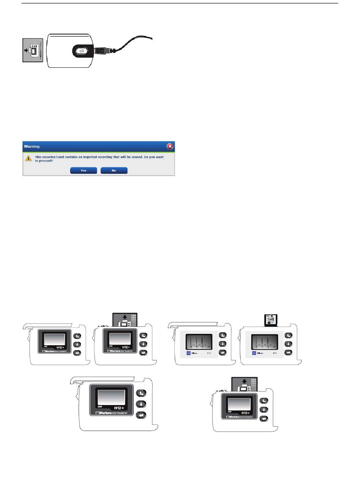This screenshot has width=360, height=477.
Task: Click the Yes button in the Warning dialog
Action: click(83, 171)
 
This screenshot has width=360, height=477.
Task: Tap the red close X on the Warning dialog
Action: click(170, 146)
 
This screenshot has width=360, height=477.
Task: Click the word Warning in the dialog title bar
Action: click(32, 146)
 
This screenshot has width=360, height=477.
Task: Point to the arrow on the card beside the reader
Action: click(27, 50)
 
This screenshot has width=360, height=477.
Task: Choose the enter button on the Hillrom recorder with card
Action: click(288, 353)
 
